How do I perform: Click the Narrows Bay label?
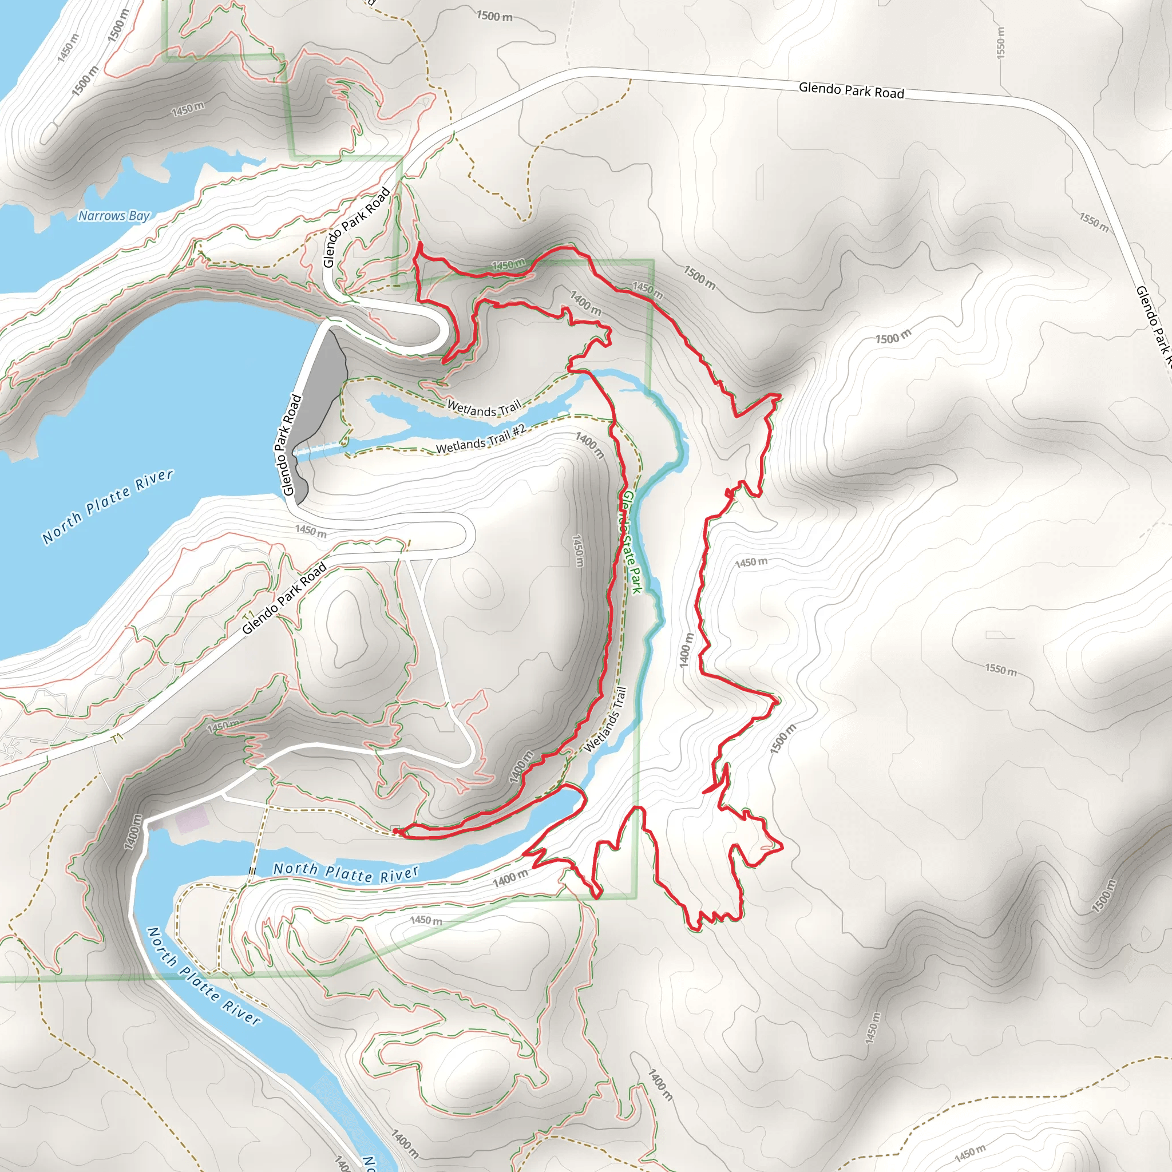[113, 216]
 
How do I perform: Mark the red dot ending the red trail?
[396, 830]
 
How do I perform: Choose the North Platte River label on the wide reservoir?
[108, 506]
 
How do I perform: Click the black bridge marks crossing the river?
[252, 871]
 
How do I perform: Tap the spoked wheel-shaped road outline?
[10, 750]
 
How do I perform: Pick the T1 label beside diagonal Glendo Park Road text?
[249, 616]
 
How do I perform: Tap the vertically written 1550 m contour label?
[1000, 42]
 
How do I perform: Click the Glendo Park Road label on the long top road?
[851, 91]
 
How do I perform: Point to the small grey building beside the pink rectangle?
[156, 826]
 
